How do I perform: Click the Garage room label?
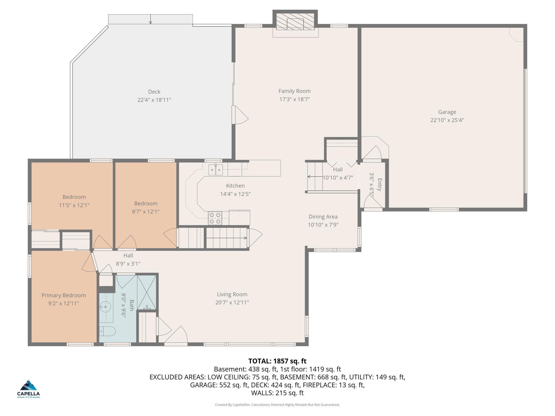tap(447, 112)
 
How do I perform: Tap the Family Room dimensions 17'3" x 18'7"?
tap(295, 99)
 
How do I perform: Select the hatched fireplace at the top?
tap(295, 21)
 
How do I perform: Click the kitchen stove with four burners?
tap(215, 218)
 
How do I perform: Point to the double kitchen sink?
tap(216, 170)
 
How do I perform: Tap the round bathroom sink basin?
tap(106, 307)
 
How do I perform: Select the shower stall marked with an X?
tap(146, 293)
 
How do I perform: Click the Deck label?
tap(154, 92)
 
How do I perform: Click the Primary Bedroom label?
tap(64, 295)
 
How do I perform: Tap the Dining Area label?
tap(323, 217)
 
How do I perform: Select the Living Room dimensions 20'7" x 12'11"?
tap(232, 302)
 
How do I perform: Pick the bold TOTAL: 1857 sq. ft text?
tap(277, 361)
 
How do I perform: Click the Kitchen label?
tap(235, 186)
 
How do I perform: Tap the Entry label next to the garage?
tap(379, 185)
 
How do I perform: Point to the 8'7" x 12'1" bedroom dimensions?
tap(146, 212)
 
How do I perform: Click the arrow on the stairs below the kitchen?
tap(227, 238)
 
